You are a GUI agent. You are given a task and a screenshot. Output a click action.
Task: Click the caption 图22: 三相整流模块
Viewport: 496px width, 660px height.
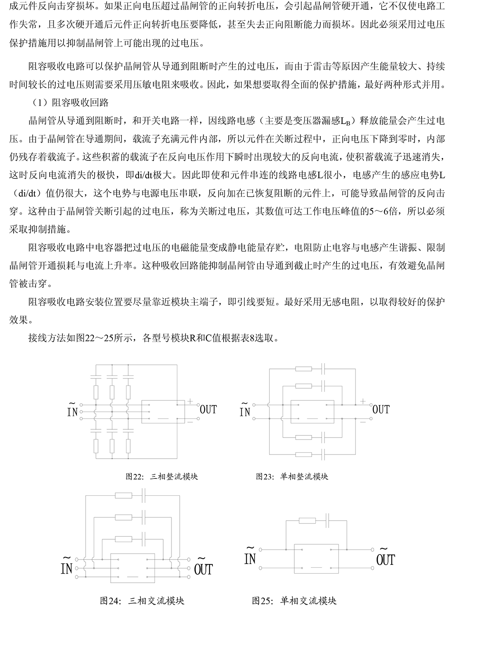click(x=162, y=476)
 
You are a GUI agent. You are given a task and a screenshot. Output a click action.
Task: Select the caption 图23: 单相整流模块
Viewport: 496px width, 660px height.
click(x=292, y=476)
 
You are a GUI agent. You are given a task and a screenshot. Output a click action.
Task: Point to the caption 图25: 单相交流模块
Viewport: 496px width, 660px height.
click(x=294, y=600)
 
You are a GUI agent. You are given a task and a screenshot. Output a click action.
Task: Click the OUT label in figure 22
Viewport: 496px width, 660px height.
click(x=208, y=410)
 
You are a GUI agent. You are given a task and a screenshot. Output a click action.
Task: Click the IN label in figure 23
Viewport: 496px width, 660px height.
click(x=245, y=411)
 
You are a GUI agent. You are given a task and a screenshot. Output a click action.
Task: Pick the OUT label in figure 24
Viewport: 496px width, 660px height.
click(x=203, y=568)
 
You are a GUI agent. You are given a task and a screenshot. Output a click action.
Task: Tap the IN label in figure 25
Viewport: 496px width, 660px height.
click(x=250, y=558)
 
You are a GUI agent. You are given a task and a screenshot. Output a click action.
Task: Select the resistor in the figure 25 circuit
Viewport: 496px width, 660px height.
click(x=307, y=521)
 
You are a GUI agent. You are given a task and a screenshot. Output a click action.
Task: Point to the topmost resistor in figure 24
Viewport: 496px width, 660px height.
click(x=124, y=496)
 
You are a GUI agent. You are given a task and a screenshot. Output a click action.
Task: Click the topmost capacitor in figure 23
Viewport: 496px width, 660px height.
click(x=324, y=369)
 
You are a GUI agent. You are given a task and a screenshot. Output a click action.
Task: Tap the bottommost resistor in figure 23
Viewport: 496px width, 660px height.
click(x=303, y=454)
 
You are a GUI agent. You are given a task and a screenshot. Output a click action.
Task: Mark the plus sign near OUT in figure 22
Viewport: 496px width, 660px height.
click(x=190, y=400)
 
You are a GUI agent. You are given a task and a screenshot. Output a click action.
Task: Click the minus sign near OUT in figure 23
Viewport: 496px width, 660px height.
click(x=362, y=422)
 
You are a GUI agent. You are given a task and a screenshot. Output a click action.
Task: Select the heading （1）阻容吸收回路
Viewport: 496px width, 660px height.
click(x=70, y=102)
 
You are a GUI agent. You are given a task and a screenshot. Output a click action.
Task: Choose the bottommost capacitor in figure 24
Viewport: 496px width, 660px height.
click(x=145, y=539)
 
